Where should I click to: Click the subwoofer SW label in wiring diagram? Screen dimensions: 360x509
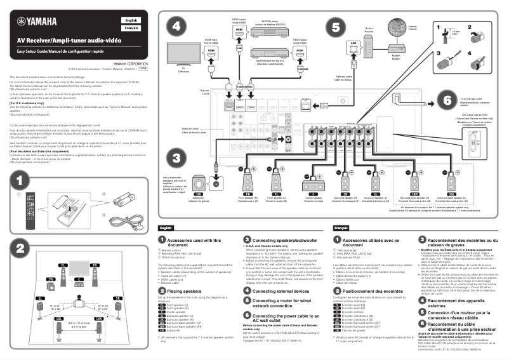198,193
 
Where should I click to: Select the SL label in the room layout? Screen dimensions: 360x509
23,297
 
